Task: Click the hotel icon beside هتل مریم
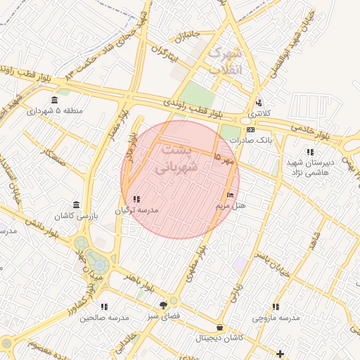[x=231, y=195]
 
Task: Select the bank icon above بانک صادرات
[x=250, y=129]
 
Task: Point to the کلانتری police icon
[x=259, y=103]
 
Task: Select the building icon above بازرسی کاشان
[x=76, y=204]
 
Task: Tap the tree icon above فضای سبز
[x=164, y=305]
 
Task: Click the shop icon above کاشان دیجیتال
[x=220, y=327]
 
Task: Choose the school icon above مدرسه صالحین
[x=104, y=307]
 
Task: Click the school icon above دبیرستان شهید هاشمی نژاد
[x=309, y=152]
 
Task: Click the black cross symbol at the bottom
[x=281, y=353]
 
